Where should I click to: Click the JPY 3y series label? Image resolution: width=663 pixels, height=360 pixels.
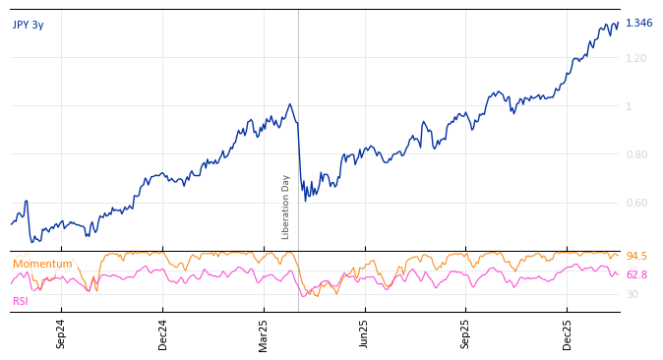pos(29,25)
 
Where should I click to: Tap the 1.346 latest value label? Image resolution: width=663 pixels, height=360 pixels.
pos(638,24)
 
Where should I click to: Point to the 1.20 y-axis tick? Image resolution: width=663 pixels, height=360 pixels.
pos(635,58)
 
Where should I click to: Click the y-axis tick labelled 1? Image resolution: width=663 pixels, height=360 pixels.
pos(629,106)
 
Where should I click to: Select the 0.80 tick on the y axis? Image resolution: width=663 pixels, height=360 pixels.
pos(635,154)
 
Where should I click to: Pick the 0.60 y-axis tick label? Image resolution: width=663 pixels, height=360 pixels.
pos(635,203)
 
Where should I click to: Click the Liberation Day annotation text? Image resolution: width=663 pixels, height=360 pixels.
pos(286,207)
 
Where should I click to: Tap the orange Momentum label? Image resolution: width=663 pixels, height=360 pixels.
pos(42,264)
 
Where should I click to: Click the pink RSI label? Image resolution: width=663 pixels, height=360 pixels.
pos(21,301)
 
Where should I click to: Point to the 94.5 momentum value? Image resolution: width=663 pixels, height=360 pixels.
pos(636,257)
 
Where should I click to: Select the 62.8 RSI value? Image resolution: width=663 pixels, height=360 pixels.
pos(636,275)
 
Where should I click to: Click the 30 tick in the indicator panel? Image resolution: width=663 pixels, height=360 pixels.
pos(632,294)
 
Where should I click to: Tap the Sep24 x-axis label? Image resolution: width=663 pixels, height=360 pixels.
pos(61,333)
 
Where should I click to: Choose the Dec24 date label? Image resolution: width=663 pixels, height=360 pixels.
pos(163,333)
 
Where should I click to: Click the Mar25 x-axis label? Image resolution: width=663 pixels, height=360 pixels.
pos(264,333)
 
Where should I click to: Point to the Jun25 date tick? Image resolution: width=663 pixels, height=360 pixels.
pos(365,333)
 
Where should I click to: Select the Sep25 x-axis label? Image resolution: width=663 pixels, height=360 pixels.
pos(466,333)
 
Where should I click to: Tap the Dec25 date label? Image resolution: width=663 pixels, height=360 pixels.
pos(568,333)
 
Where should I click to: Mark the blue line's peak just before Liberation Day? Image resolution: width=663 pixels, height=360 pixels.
pos(289,104)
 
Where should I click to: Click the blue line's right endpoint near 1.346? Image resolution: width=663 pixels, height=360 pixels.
pos(618,24)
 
